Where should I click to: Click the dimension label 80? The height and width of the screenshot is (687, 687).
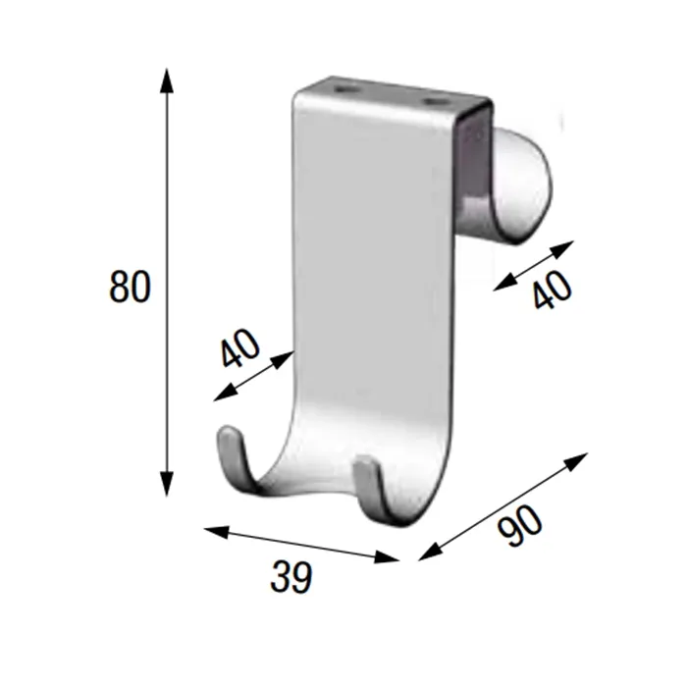[x=130, y=287]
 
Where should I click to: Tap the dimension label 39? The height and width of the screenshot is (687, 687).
[x=291, y=577]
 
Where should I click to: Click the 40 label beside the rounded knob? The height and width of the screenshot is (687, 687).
[x=553, y=290]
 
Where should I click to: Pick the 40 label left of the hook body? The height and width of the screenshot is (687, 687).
[x=240, y=347]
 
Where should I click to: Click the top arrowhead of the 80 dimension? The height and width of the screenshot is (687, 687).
[x=166, y=80]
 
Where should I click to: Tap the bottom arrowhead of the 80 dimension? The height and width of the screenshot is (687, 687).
[x=166, y=483]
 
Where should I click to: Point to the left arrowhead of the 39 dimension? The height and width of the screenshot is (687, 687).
[x=217, y=532]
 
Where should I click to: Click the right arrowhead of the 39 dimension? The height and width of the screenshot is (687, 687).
[x=387, y=556]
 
